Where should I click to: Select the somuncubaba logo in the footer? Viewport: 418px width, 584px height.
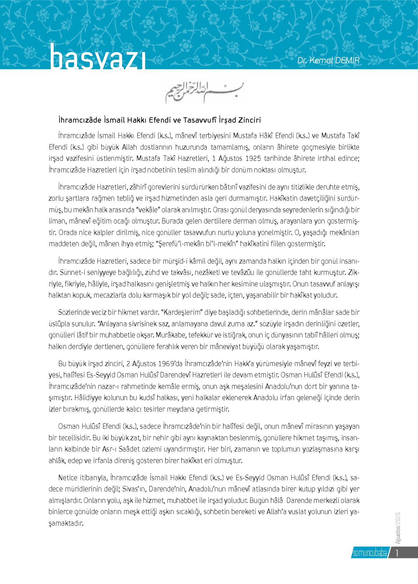tap(369, 553)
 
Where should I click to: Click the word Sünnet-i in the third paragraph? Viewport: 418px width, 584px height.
tap(69, 273)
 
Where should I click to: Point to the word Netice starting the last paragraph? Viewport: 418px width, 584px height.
tap(68, 477)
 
